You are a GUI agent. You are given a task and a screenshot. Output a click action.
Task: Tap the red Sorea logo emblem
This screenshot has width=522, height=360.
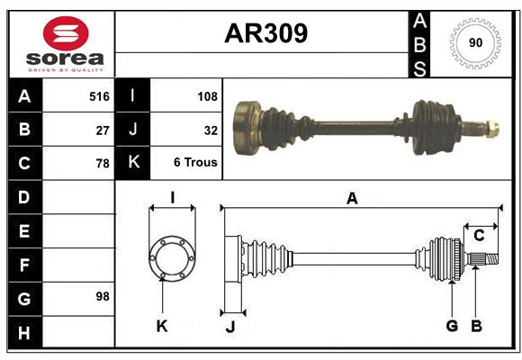[x=66, y=34]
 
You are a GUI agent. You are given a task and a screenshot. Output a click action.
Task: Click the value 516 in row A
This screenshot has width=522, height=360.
[x=99, y=95]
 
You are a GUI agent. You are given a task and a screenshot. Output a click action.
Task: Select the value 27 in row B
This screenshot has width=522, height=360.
[x=103, y=130]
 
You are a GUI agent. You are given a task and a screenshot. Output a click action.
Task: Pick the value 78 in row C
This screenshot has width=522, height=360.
[x=103, y=164]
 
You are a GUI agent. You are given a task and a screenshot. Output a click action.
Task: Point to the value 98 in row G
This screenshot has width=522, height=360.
[x=103, y=296]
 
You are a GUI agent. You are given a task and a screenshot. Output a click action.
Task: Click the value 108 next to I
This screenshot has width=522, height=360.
[x=206, y=95]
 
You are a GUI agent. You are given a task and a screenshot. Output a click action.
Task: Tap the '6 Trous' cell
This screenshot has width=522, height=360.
[x=195, y=164]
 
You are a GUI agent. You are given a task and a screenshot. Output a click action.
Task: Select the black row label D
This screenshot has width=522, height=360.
[x=24, y=196]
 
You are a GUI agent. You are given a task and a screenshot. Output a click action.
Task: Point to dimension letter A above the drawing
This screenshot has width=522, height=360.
[x=352, y=199]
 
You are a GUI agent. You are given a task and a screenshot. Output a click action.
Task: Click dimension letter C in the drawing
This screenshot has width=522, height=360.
[x=479, y=236]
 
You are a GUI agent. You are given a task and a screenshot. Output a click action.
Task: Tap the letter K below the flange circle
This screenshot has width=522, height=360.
[x=162, y=326]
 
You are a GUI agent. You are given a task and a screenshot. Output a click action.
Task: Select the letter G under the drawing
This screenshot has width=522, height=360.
[x=452, y=326]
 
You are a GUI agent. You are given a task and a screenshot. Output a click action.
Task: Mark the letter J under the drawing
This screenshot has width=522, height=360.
[x=229, y=326]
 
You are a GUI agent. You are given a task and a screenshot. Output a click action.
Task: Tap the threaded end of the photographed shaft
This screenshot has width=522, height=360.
[x=490, y=128]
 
